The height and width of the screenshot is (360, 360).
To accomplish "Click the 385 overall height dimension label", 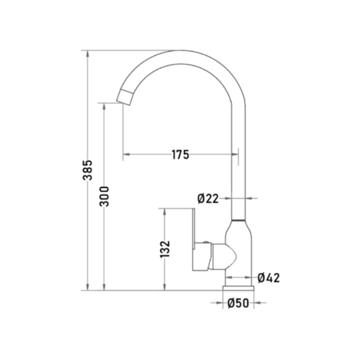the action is tap(88, 170).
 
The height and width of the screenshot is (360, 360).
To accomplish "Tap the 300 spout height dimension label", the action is tap(104, 197).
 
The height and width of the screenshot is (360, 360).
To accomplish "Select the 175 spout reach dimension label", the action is tap(180, 155).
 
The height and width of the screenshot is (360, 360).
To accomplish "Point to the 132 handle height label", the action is tap(165, 249).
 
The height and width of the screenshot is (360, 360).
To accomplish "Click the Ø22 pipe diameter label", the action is tap(208, 199).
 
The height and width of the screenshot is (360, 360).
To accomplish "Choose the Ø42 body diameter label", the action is tap(269, 278).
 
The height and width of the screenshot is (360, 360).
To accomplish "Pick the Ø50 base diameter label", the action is tap(238, 303).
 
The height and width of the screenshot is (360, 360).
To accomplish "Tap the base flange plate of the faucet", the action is tap(238, 288).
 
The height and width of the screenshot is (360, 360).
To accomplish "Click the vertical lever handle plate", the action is tap(194, 229).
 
